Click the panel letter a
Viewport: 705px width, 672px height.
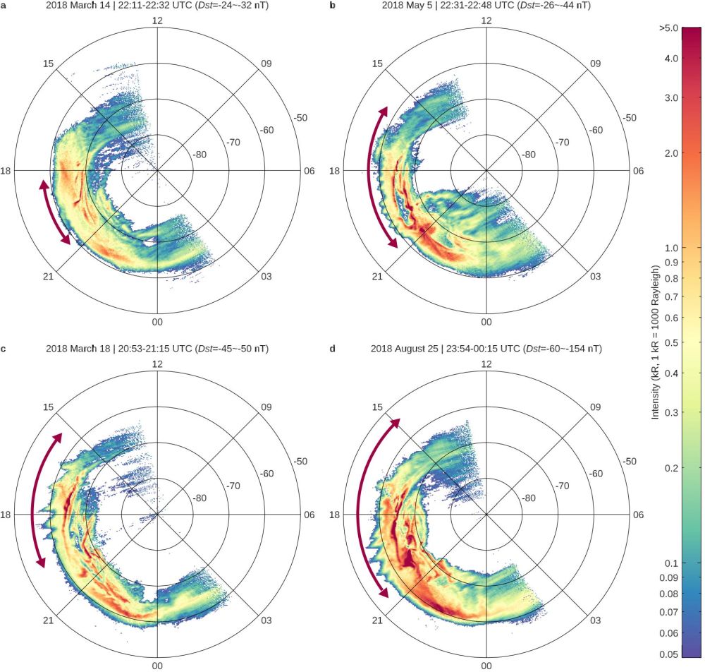coord(4,5)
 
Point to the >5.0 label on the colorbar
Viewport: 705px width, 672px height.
coord(668,28)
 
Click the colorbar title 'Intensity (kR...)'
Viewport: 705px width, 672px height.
coord(655,342)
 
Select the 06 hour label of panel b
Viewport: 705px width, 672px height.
coord(638,170)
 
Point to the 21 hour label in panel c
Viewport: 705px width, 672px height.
coord(49,620)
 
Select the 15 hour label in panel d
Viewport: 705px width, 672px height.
coord(377,408)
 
